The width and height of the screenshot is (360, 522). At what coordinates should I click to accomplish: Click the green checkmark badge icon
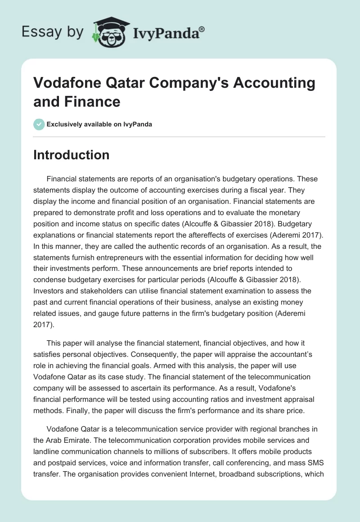(x=39, y=124)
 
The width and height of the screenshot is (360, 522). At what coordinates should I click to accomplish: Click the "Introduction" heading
(x=71, y=155)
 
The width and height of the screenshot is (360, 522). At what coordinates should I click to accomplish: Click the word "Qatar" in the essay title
(x=130, y=83)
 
